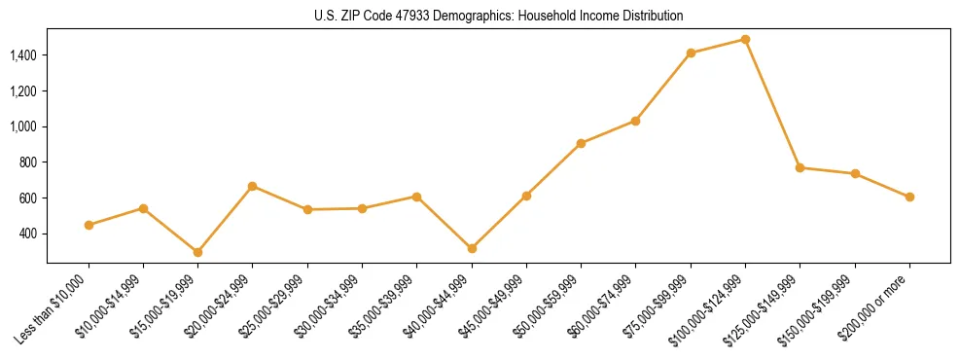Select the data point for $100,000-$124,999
[x=745, y=40]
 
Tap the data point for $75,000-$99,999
[x=691, y=54]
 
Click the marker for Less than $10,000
[x=89, y=225]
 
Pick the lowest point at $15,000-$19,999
[x=197, y=252]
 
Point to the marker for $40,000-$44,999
[x=472, y=248]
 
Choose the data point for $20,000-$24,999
[x=253, y=186]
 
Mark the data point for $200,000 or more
[x=909, y=197]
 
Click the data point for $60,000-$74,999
[x=635, y=121]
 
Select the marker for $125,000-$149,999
[x=800, y=167]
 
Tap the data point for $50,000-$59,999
[x=581, y=143]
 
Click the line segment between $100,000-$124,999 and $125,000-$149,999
[x=772, y=104]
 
